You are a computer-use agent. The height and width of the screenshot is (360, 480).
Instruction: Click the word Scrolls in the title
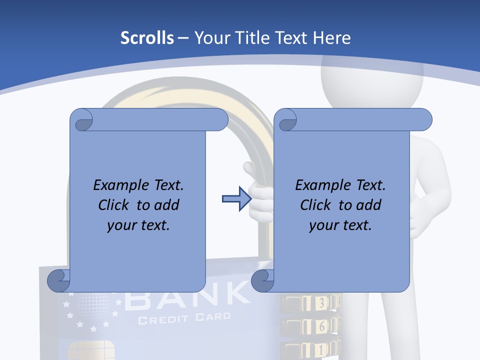click(147, 38)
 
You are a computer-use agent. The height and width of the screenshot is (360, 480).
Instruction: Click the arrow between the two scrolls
click(236, 199)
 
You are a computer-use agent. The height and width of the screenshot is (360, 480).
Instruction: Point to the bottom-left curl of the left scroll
click(58, 280)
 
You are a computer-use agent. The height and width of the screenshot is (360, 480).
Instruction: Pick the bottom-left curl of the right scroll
click(263, 280)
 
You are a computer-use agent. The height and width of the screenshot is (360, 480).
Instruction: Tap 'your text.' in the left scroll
click(138, 225)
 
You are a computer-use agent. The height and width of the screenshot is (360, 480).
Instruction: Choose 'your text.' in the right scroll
click(340, 225)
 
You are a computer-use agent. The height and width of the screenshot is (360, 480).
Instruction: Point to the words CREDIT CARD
click(184, 318)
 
